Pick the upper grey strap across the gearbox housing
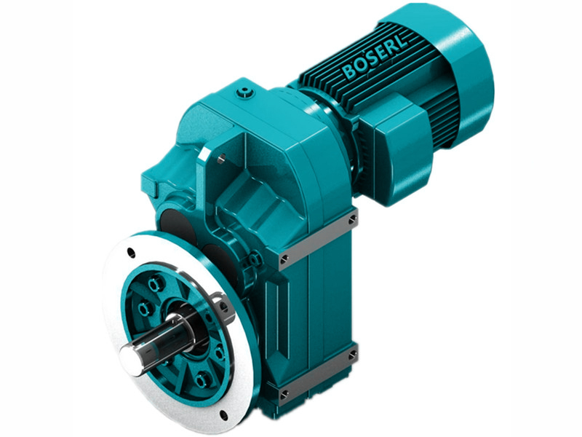[x=316, y=237]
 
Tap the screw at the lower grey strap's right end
[x=354, y=355]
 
